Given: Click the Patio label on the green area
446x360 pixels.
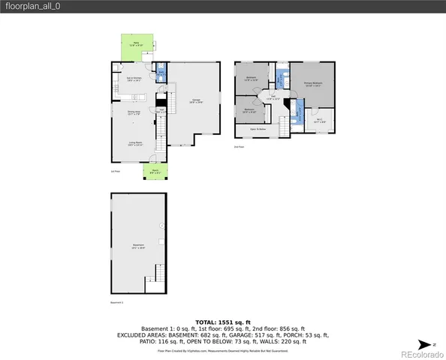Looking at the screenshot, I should (x=137, y=44).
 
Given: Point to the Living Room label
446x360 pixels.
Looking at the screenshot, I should (x=135, y=143).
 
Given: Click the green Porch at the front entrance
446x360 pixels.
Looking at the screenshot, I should (x=155, y=172).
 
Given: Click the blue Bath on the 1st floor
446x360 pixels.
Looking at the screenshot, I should (x=161, y=73).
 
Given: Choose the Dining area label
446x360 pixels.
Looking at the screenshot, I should (x=134, y=114).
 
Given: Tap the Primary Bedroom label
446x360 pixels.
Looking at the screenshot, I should (x=313, y=85).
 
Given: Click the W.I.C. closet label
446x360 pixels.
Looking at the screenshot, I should (x=318, y=120).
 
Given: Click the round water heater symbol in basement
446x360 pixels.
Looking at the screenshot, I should (x=161, y=226).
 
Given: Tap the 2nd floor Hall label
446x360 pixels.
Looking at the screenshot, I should (x=275, y=97).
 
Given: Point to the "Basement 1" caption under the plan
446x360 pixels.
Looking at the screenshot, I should (x=116, y=302).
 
